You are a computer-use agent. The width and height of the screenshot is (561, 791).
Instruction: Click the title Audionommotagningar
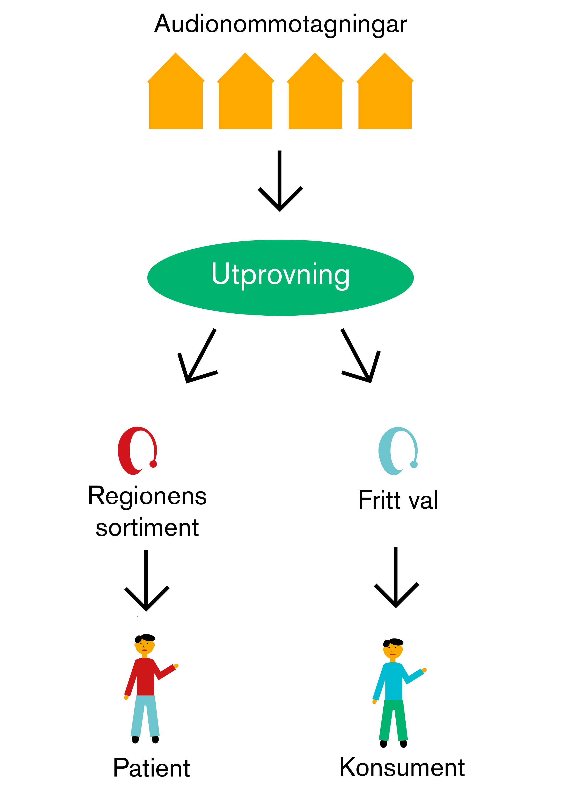(280, 24)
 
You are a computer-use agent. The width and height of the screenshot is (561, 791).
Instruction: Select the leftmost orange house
(176, 97)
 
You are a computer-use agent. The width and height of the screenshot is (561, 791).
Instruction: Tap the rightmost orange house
(385, 97)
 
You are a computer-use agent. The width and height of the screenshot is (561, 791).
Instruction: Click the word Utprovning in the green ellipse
(280, 275)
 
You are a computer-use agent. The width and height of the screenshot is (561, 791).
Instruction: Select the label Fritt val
(398, 500)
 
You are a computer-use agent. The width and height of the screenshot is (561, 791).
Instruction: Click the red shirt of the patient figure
(145, 677)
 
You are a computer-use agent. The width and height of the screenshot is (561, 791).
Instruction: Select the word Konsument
(402, 767)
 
